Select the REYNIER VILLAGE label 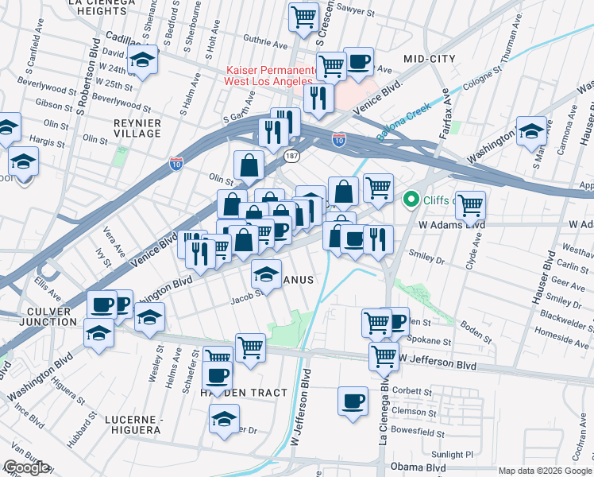point(137,129)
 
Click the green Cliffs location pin point(411,199)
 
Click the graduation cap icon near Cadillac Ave point(143,61)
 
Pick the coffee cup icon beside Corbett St point(353,401)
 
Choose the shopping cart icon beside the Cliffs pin point(471,205)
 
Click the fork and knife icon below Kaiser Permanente point(318,98)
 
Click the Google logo point(26,467)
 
